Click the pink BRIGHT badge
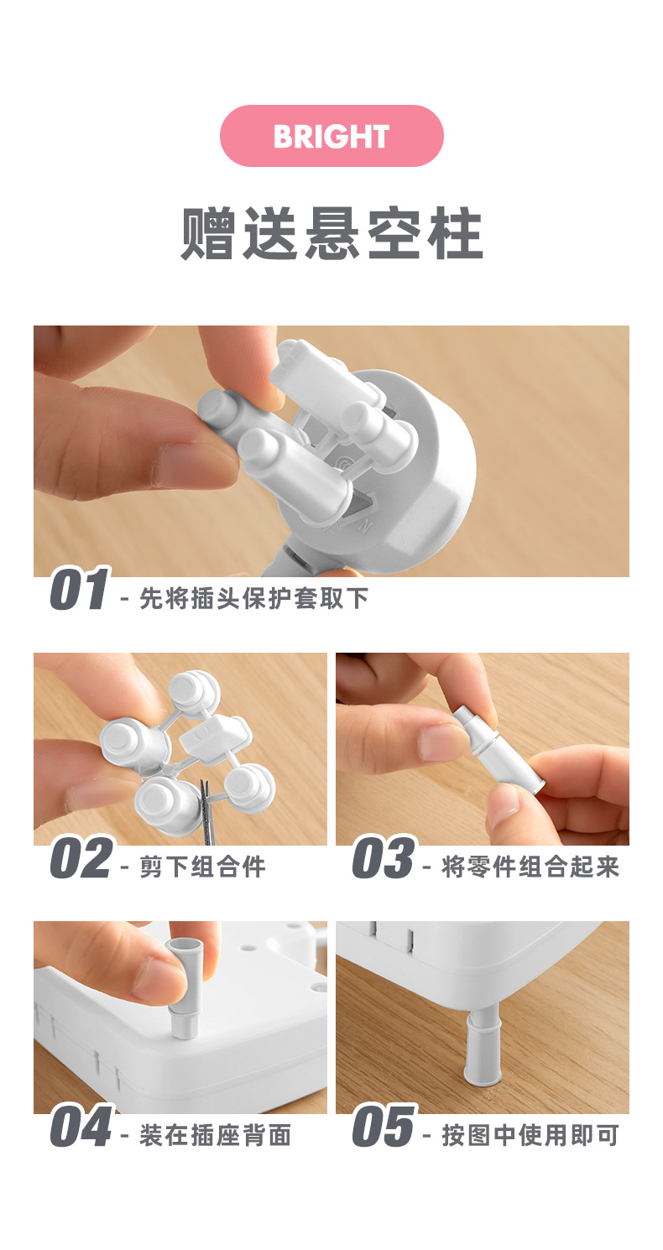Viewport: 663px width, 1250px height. tap(331, 136)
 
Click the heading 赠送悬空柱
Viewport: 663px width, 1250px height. tap(331, 233)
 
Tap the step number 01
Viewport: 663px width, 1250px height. tap(79, 588)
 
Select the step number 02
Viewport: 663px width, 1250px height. tap(81, 857)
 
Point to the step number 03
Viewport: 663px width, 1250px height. tap(384, 857)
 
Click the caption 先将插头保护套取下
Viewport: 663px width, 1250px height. tap(254, 599)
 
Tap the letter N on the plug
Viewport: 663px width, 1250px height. tap(366, 526)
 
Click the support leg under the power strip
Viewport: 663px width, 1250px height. tap(483, 1047)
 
